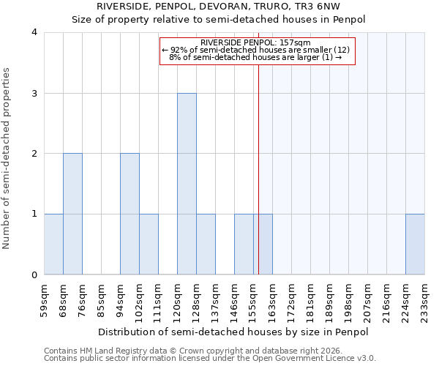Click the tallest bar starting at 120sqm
tap(187, 184)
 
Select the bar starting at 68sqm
tap(72, 214)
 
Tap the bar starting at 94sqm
tap(130, 214)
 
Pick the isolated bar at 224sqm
tap(415, 244)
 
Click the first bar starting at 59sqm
tap(53, 244)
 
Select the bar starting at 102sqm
tap(149, 244)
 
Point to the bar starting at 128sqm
tap(206, 244)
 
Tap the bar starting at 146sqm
tap(244, 244)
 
